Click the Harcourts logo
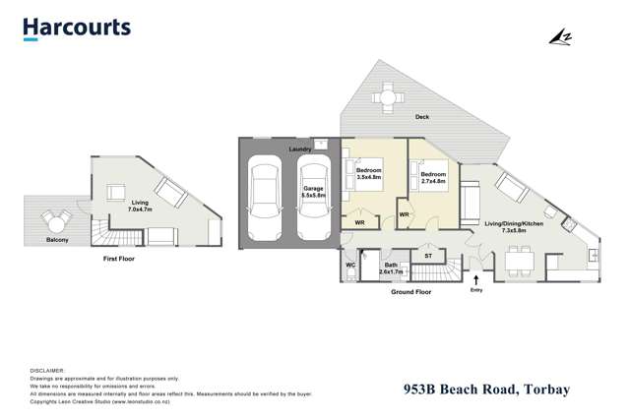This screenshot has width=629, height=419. [77, 28]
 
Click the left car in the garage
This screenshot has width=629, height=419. [266, 201]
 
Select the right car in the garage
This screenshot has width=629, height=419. [312, 201]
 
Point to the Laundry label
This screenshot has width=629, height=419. [300, 150]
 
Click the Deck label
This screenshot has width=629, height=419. [422, 117]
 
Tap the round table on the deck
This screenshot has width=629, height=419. [389, 97]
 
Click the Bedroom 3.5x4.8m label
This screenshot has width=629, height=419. [369, 175]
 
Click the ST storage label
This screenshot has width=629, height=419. [428, 257]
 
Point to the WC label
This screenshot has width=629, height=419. [350, 266]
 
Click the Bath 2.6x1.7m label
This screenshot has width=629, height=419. [391, 268]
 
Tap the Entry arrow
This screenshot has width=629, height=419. [476, 279]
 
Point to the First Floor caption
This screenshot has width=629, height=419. [119, 259]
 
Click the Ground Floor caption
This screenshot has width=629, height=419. [410, 292]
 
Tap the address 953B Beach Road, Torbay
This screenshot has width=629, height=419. [486, 389]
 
